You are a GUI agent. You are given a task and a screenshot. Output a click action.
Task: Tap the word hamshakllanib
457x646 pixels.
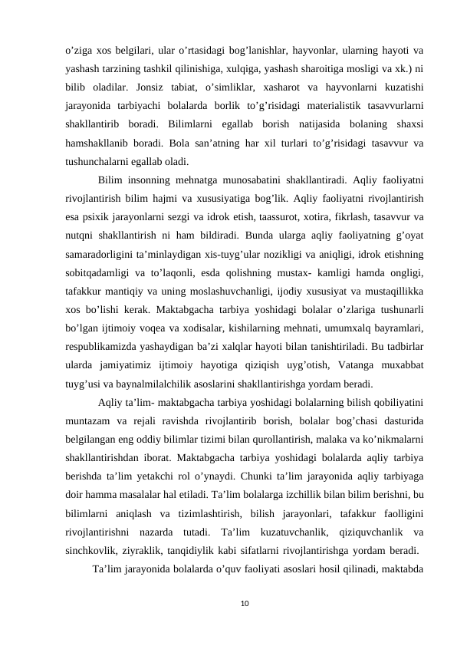pyautogui.click(x=97, y=143)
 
